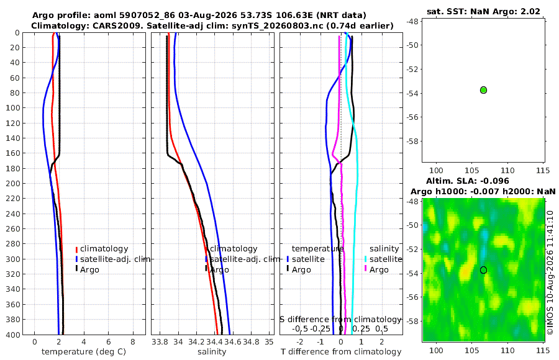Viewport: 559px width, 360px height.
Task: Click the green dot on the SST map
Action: pos(483,90)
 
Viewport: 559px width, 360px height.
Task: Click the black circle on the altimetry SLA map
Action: pos(483,270)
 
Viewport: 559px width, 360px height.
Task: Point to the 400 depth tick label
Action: pos(13,335)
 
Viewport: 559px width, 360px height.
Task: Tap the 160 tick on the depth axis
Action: pos(13,153)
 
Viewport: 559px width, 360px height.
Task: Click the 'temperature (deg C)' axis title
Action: pos(84,352)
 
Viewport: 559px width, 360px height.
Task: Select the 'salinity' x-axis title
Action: pos(212,352)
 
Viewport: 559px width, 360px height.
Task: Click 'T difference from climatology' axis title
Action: pos(341,352)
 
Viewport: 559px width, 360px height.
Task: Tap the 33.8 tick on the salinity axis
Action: pos(160,342)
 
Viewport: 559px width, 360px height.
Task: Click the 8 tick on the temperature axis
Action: pos(133,342)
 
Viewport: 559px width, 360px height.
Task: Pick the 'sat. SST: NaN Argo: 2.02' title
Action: pos(483,11)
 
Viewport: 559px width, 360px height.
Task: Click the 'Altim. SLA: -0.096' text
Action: pos(467,181)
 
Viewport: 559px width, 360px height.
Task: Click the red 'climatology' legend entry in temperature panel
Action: pos(102,249)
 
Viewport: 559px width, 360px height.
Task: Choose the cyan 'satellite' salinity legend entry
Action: pos(384,259)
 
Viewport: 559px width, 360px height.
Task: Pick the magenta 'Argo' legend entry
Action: pos(376,270)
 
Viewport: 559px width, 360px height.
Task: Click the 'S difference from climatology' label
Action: pos(340,319)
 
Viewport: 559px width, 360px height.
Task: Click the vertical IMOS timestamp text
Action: pos(550,272)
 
